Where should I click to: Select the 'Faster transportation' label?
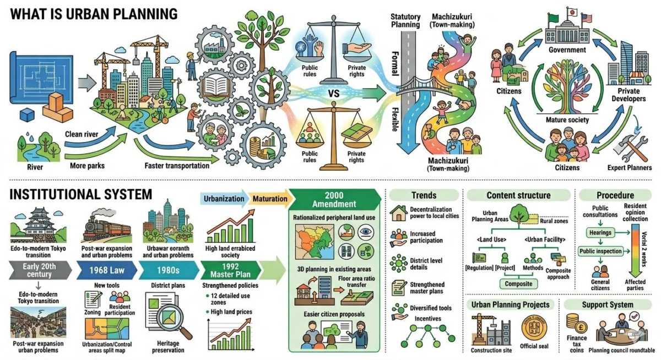click(x=177, y=165)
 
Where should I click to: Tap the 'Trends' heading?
click(x=424, y=195)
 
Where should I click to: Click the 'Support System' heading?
click(x=608, y=304)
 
